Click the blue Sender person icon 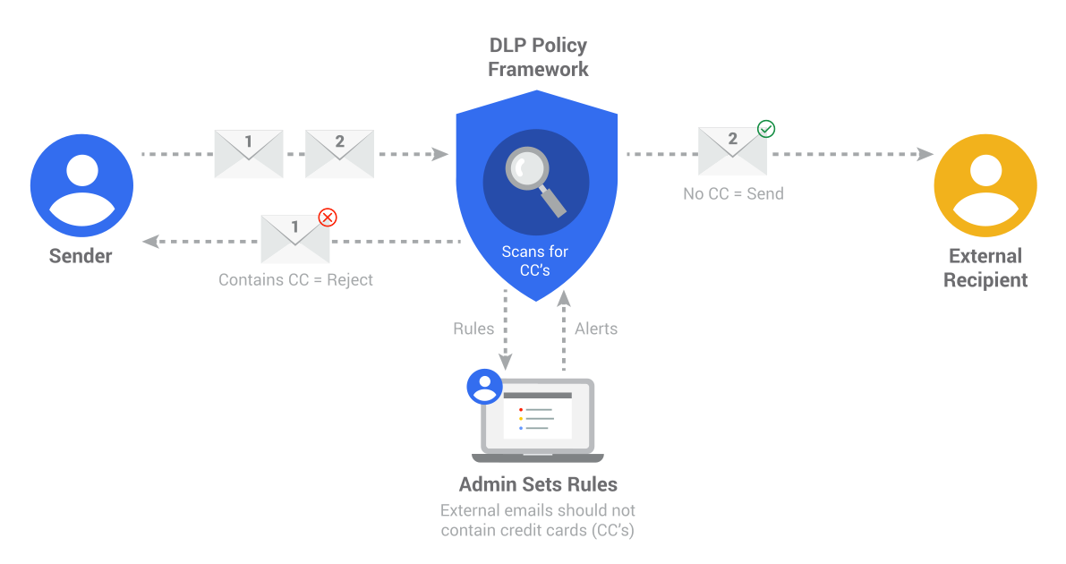point(81,185)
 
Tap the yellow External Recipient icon point(985,185)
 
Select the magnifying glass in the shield point(536,181)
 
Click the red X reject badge point(328,217)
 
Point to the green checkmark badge point(766,129)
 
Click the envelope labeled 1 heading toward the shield point(249,154)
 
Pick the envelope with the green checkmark point(733,151)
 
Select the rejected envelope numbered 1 point(295,239)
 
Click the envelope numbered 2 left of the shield point(340,154)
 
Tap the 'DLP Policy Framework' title point(538,57)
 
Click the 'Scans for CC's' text point(535,261)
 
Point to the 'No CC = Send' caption point(734,194)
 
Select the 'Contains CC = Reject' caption point(295,279)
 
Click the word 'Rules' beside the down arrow point(473,329)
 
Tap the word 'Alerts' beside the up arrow point(596,329)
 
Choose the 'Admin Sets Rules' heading point(538,484)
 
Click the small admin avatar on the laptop point(484,387)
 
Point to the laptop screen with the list point(538,415)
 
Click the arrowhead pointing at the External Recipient point(925,154)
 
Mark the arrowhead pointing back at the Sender point(150,242)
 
